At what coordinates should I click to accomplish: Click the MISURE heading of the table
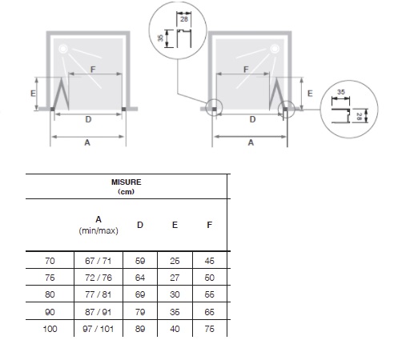pyautogui.click(x=127, y=182)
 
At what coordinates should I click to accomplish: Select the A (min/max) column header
pyautogui.click(x=98, y=225)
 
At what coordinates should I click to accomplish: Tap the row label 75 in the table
pyautogui.click(x=50, y=278)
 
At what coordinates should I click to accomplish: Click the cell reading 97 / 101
pyautogui.click(x=98, y=329)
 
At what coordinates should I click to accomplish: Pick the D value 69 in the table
pyautogui.click(x=140, y=294)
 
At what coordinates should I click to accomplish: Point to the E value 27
pyautogui.click(x=175, y=278)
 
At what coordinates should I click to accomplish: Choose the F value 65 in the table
pyautogui.click(x=210, y=312)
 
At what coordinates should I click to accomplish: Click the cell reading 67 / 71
pyautogui.click(x=98, y=261)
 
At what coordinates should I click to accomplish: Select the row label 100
pyautogui.click(x=50, y=329)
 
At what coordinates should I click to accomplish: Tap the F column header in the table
pyautogui.click(x=210, y=225)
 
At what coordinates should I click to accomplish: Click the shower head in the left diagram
pyautogui.click(x=62, y=49)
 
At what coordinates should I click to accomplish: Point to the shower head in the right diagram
pyautogui.click(x=275, y=49)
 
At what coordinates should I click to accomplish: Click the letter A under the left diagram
pyautogui.click(x=87, y=143)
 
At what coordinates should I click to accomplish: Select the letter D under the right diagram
pyautogui.click(x=252, y=119)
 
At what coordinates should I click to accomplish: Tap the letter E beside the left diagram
pyautogui.click(x=33, y=94)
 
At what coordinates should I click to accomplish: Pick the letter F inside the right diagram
pyautogui.click(x=246, y=70)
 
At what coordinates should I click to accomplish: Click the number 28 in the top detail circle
pyautogui.click(x=184, y=19)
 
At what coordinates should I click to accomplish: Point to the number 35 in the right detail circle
pyautogui.click(x=341, y=92)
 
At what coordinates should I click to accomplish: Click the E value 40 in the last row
pyautogui.click(x=175, y=329)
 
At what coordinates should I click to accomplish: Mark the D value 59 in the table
pyautogui.click(x=140, y=261)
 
